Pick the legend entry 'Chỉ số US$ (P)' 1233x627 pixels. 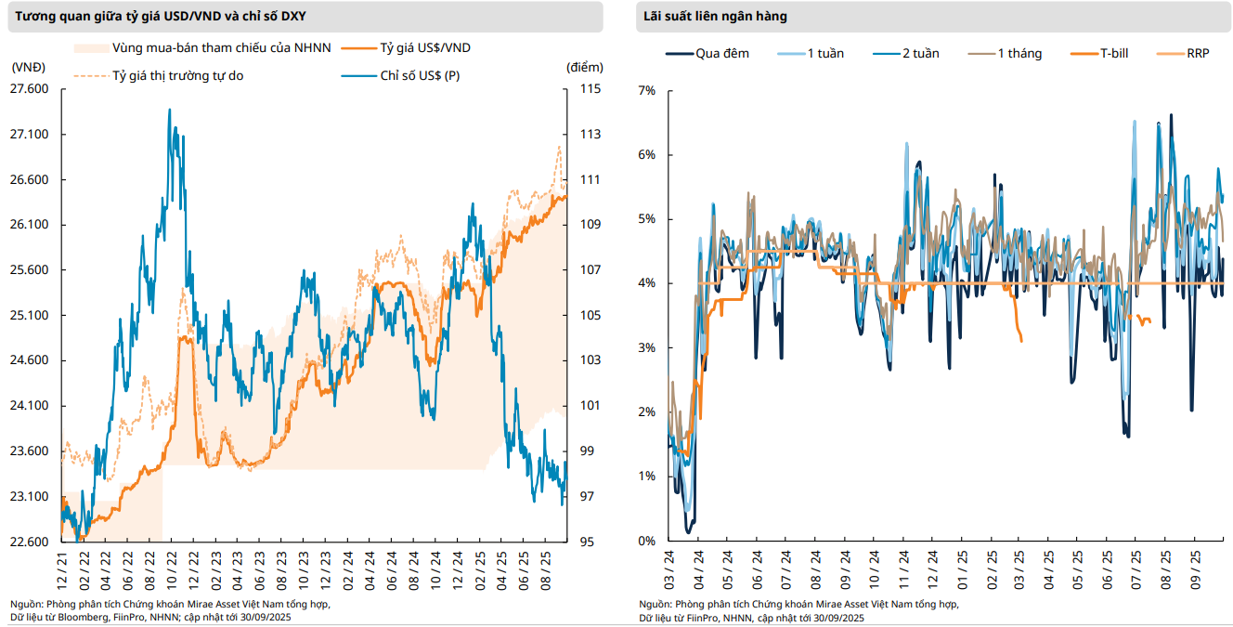(x=420, y=75)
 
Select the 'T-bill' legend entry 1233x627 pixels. (x=1113, y=53)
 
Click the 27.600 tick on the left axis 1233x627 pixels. (x=29, y=89)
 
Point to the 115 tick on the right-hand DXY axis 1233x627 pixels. (x=591, y=89)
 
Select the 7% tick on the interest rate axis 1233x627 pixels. (x=647, y=90)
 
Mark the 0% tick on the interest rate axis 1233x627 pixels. (x=647, y=541)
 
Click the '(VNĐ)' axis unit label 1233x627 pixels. (x=29, y=67)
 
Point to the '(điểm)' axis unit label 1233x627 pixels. (x=584, y=67)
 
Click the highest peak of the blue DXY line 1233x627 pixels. (x=169, y=110)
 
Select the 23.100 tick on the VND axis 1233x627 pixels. (x=29, y=497)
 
